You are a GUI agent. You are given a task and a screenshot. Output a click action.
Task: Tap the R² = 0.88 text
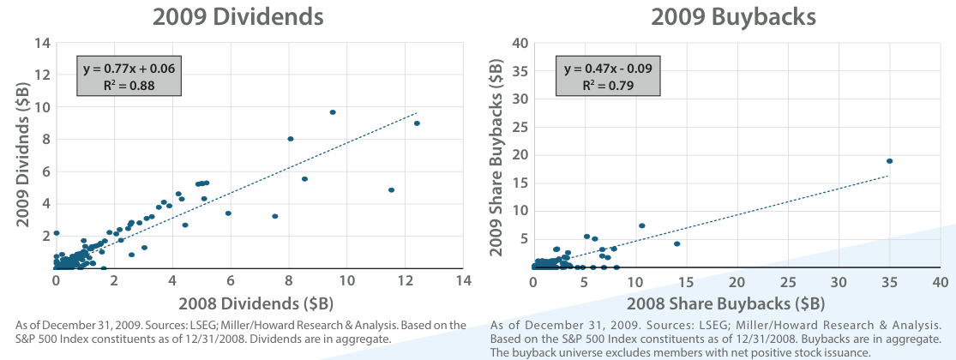click(x=129, y=85)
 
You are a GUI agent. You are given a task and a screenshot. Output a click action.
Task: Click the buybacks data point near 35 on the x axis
click(x=890, y=161)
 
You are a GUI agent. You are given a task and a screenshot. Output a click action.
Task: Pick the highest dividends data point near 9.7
click(x=333, y=112)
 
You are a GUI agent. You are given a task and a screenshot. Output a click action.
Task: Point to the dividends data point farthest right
click(x=417, y=123)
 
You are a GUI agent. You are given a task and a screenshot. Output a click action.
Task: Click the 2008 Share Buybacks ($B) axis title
click(x=737, y=304)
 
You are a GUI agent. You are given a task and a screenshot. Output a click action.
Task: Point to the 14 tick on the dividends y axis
click(x=42, y=43)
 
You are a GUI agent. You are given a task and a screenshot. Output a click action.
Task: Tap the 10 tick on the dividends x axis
click(x=347, y=281)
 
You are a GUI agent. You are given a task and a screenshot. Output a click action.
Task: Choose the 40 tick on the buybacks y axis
click(x=520, y=43)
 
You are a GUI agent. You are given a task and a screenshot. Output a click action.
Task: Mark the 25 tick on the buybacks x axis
click(x=788, y=281)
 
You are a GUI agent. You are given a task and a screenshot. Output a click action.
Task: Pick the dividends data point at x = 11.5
click(x=391, y=190)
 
